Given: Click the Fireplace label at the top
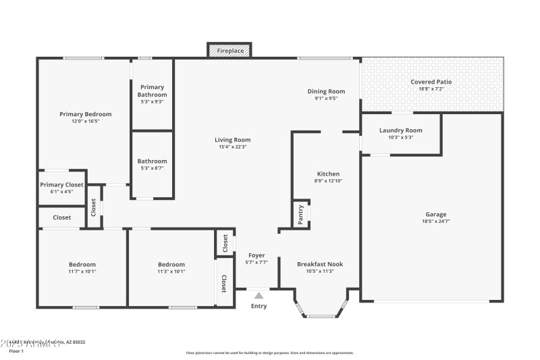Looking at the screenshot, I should pos(230,51).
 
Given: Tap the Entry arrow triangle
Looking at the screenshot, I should pos(259,295).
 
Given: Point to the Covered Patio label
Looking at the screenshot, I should pos(431,82).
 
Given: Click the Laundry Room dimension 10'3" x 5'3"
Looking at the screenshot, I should pos(400,137).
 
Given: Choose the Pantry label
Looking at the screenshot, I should pos(300,214).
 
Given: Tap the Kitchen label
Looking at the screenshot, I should pos(328,174).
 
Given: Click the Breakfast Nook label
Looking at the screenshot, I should pos(320,264).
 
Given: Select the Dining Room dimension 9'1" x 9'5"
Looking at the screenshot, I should pos(326,98).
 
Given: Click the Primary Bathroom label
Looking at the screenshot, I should pos(152,91).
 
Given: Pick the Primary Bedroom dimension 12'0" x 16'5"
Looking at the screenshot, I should pos(85,122).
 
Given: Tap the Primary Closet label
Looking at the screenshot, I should pos(61,184).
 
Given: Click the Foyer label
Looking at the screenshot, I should pos(256,255).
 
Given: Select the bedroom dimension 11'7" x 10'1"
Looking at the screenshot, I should pos(82,272).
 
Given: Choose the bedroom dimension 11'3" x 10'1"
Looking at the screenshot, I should pos(171,272).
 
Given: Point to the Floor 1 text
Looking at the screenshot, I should pos(16,351).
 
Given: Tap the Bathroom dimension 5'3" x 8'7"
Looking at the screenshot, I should pos(152,168).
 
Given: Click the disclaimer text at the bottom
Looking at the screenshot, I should pos(269,353).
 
